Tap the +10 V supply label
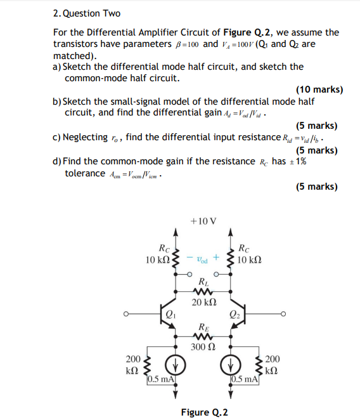click(203, 221)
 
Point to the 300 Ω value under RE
click(203, 346)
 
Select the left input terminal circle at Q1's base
click(127, 313)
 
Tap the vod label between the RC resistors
click(202, 259)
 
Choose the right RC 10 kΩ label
click(250, 254)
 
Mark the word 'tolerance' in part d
click(85, 173)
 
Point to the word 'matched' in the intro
click(70, 56)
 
